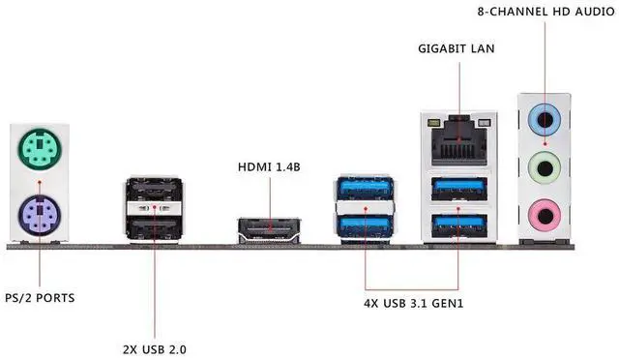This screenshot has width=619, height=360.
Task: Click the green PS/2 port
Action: pyautogui.click(x=40, y=149)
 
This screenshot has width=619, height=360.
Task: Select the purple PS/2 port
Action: pyautogui.click(x=40, y=215)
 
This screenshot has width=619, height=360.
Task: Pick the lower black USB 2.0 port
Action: pyautogui.click(x=155, y=227)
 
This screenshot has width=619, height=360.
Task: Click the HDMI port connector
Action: pyautogui.click(x=269, y=230)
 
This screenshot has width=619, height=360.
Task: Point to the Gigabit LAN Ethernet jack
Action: pyautogui.click(x=459, y=141)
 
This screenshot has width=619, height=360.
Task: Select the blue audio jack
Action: pyautogui.click(x=545, y=119)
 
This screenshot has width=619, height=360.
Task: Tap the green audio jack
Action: pyautogui.click(x=545, y=168)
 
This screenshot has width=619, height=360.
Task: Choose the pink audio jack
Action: pyautogui.click(x=545, y=216)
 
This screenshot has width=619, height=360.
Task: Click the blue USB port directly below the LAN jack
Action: pyautogui.click(x=459, y=189)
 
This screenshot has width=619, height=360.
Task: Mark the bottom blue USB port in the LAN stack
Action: pyautogui.click(x=459, y=226)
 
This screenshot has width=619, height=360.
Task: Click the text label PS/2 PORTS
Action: pyautogui.click(x=40, y=298)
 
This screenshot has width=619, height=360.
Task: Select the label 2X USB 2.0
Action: pyautogui.click(x=155, y=349)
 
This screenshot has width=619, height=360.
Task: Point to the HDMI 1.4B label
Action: pyautogui.click(x=269, y=167)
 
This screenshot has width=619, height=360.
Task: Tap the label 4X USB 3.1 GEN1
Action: pyautogui.click(x=413, y=304)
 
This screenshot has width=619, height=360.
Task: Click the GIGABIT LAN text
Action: pyautogui.click(x=456, y=48)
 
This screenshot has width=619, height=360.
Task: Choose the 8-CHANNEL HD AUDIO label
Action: pyautogui.click(x=545, y=12)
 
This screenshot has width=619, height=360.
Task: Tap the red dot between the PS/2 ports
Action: pyautogui.click(x=40, y=182)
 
